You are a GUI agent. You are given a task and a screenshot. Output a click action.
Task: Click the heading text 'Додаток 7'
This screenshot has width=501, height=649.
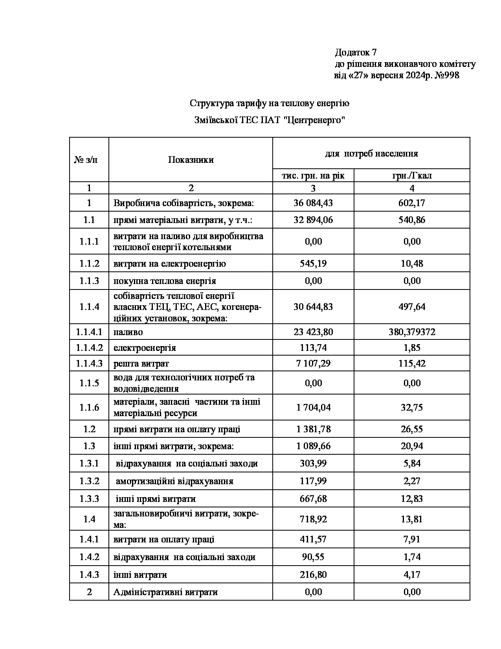click(x=356, y=52)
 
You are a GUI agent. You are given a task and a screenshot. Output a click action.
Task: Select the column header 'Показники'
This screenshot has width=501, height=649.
click(x=191, y=160)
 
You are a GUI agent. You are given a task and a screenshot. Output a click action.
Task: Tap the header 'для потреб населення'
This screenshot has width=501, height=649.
click(x=371, y=153)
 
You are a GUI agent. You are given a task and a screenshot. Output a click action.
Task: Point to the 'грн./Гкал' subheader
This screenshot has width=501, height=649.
click(x=412, y=176)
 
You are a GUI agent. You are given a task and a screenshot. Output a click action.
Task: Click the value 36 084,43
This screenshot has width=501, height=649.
click(x=313, y=203)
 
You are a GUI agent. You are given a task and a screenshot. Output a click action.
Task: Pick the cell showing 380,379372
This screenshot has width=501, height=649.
click(x=412, y=332)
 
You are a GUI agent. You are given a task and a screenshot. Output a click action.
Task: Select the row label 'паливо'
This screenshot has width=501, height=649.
click(x=128, y=332)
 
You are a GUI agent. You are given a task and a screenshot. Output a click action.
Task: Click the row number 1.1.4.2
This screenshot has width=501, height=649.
click(x=89, y=348)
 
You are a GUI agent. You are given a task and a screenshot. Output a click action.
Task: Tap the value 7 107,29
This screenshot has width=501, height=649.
click(x=313, y=363)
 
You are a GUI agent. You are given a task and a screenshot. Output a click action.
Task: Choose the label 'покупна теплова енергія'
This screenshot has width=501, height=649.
click(x=165, y=281)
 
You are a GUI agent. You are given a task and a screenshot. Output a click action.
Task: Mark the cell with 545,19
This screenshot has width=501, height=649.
click(x=313, y=264)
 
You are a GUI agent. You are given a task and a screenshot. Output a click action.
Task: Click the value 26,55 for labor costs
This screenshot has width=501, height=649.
click(x=412, y=429)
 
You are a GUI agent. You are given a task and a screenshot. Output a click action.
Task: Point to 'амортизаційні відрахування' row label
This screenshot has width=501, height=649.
click(x=174, y=481)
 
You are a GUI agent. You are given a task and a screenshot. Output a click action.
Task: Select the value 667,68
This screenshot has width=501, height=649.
click(x=313, y=499)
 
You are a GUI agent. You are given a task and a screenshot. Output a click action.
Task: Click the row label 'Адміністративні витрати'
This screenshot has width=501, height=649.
click(x=165, y=592)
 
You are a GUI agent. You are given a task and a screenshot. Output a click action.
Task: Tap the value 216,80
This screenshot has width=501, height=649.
click(x=313, y=575)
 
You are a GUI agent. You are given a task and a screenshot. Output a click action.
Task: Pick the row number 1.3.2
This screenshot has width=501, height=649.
click(x=89, y=481)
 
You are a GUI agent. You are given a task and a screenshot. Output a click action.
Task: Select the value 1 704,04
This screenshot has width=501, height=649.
click(x=313, y=407)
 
